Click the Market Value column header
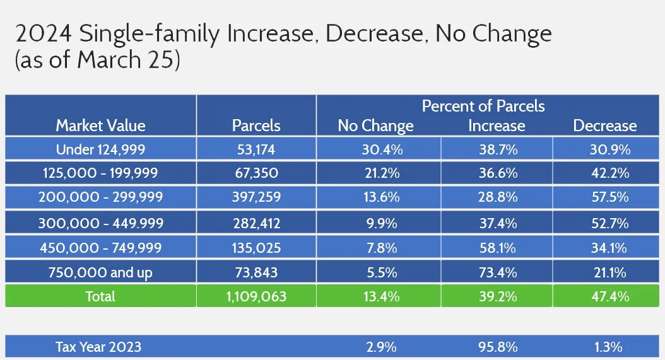click(100, 125)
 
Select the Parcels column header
click(256, 125)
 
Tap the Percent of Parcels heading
click(483, 105)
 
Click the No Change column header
click(375, 125)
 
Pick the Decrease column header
click(604, 125)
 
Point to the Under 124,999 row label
click(100, 149)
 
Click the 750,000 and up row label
click(100, 272)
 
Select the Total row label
click(100, 296)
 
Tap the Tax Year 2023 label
click(98, 346)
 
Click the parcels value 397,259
click(256, 197)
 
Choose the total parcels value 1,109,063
click(256, 296)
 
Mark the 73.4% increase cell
click(497, 272)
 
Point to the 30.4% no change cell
click(378, 149)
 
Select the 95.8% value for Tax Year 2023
click(497, 346)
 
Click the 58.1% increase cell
click(497, 248)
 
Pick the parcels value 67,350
click(256, 173)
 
